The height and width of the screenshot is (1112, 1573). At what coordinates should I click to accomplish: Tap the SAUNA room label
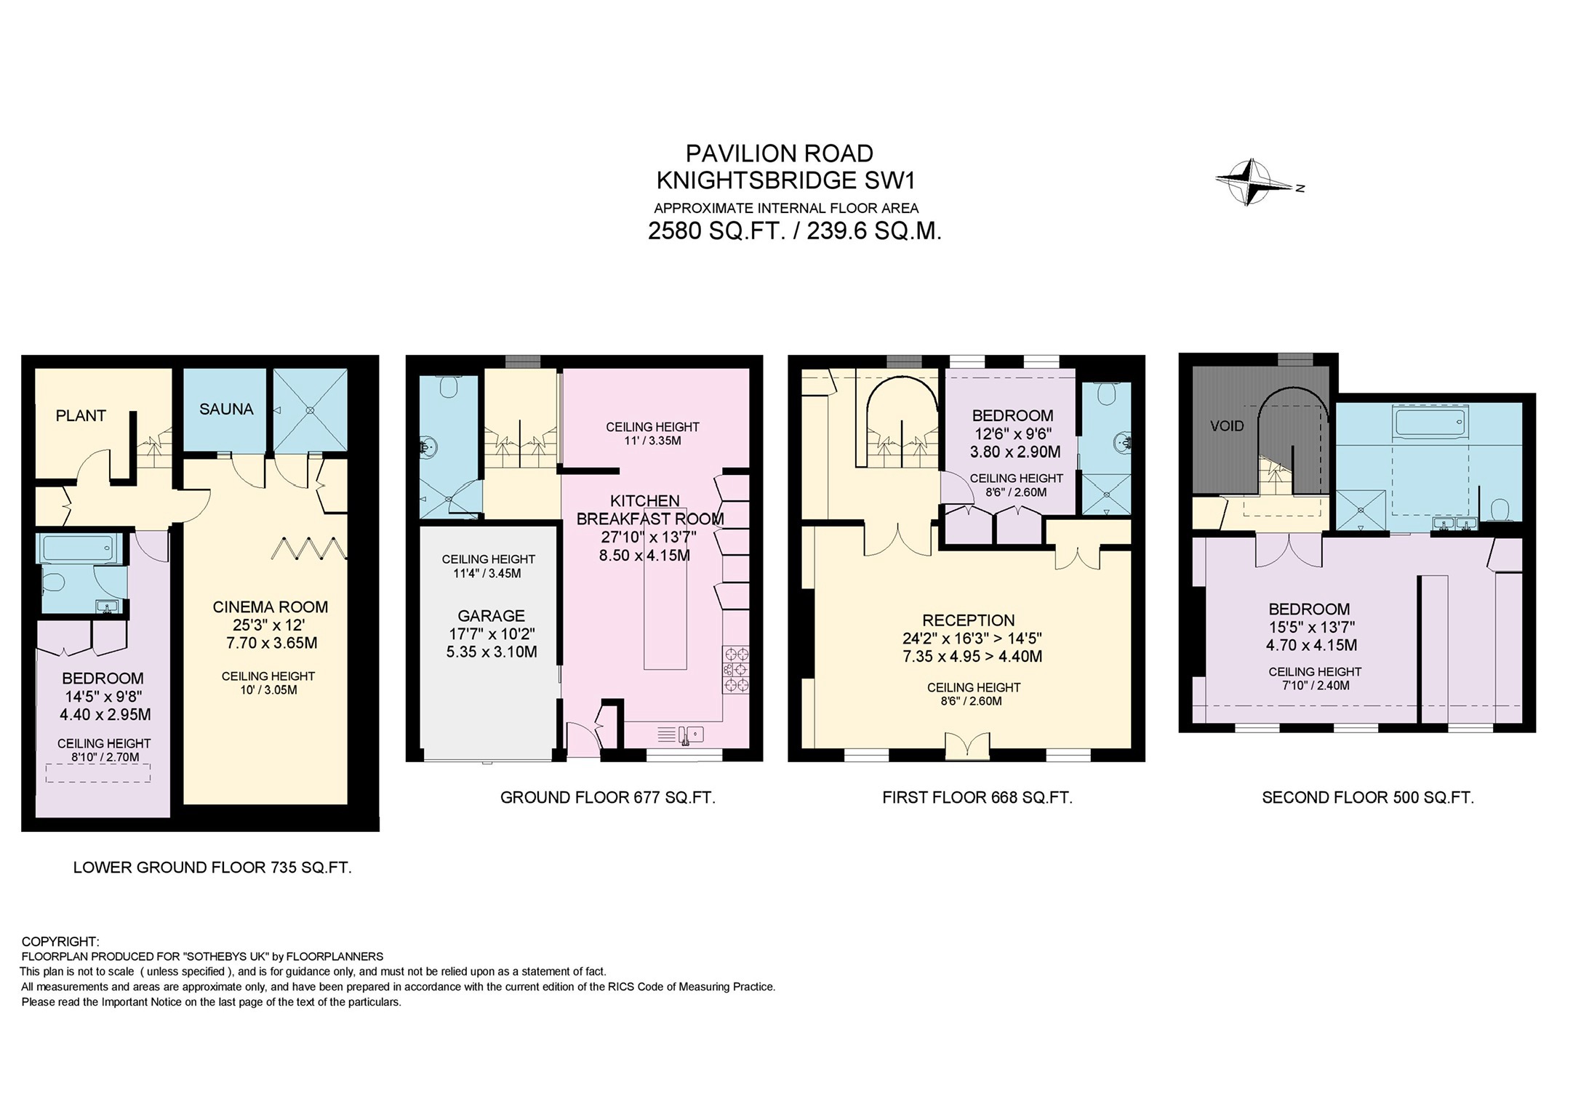tap(226, 409)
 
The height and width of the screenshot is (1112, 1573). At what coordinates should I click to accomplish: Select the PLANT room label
tap(81, 416)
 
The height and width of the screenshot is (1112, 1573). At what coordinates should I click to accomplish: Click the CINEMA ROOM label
tap(270, 607)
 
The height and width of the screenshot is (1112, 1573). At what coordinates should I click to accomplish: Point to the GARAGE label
tap(491, 616)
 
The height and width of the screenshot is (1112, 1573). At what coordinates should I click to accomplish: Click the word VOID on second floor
tap(1227, 426)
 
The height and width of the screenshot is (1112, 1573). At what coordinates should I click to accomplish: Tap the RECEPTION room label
tap(968, 620)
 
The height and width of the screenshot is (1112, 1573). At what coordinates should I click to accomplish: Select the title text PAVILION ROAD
tap(780, 153)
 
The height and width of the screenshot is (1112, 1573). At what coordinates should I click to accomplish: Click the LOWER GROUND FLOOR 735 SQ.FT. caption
tap(212, 868)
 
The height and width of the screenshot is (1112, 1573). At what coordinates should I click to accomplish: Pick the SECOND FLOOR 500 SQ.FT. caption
tap(1367, 798)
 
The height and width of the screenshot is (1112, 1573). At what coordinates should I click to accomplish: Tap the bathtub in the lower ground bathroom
tap(78, 548)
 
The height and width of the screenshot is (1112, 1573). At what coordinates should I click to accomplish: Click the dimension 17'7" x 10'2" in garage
tap(491, 634)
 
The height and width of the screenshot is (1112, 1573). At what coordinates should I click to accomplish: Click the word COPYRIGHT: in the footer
tap(60, 942)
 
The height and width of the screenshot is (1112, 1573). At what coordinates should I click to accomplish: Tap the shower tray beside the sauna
tap(311, 410)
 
